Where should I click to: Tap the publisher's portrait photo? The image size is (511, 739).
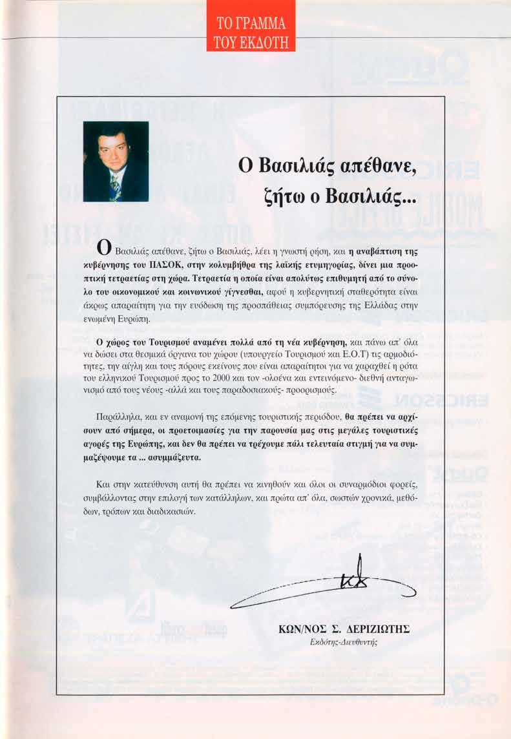pyautogui.click(x=116, y=161)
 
